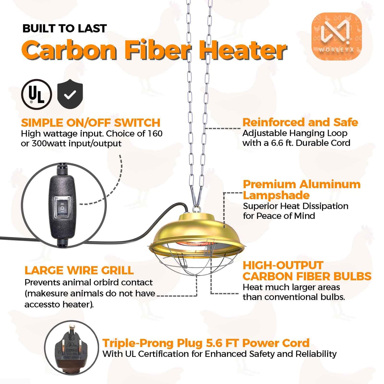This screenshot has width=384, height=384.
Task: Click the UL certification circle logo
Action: click(x=36, y=94)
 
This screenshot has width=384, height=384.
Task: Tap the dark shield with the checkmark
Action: click(x=70, y=94)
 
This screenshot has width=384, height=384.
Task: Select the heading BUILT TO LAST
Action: click(x=65, y=28)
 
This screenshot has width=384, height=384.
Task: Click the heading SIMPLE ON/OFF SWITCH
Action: click(x=91, y=123)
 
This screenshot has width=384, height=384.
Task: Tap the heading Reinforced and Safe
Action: click(x=300, y=122)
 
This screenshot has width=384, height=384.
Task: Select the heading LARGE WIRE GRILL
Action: click(x=79, y=270)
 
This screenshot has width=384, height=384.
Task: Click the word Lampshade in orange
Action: click(x=276, y=196)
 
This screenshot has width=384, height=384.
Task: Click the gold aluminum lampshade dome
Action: click(x=196, y=231)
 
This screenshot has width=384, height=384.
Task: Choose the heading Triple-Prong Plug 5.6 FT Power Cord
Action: click(x=206, y=343)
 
